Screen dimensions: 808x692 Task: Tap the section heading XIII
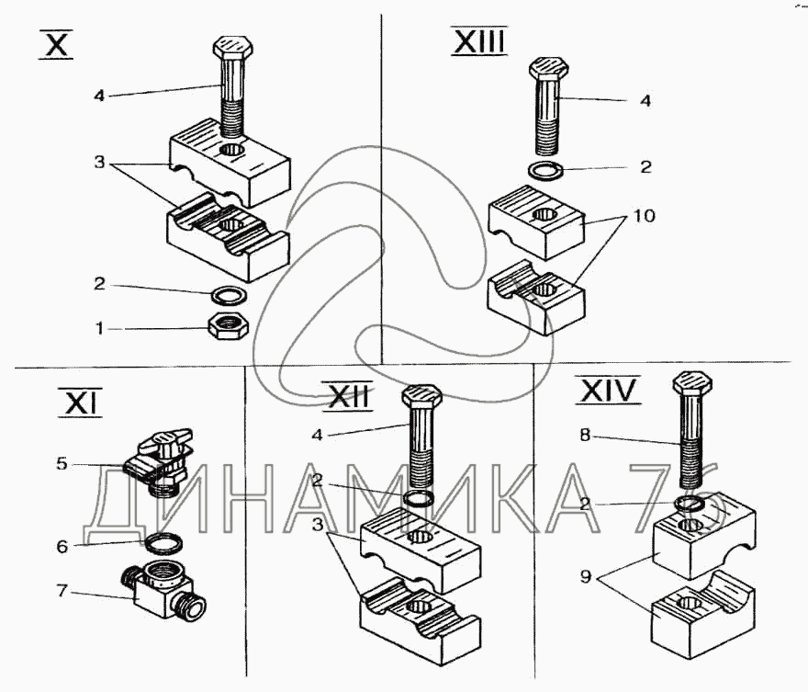pyautogui.click(x=478, y=41)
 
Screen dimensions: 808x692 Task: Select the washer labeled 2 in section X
pyautogui.click(x=227, y=295)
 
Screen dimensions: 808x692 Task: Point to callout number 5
pyautogui.click(x=62, y=464)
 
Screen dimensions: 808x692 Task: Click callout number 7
pyautogui.click(x=62, y=590)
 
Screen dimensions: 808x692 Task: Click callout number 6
pyautogui.click(x=62, y=546)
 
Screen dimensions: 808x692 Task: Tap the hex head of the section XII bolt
pyautogui.click(x=422, y=396)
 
